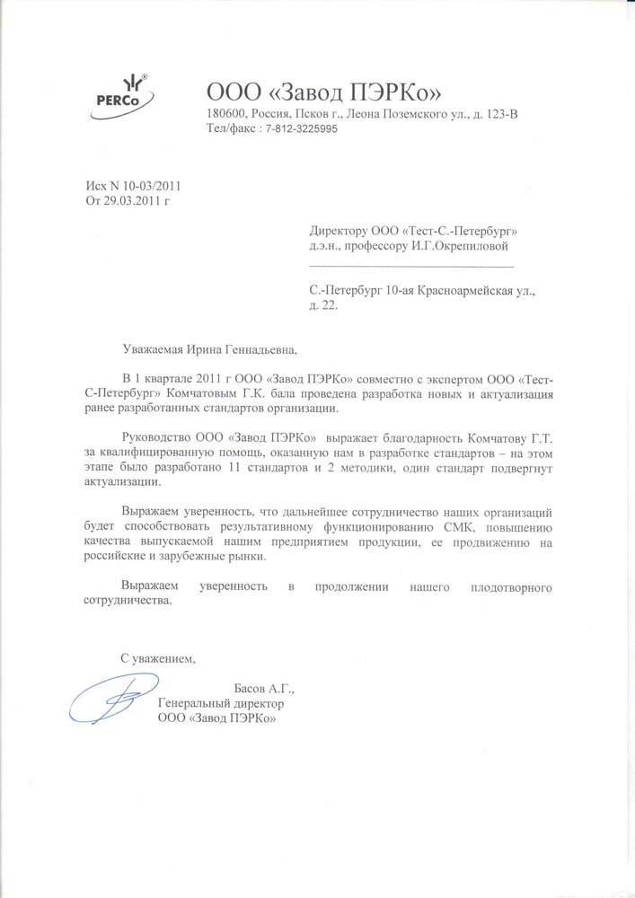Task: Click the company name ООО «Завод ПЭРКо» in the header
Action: click(324, 92)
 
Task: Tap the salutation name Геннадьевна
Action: click(252, 349)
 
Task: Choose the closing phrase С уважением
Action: click(157, 658)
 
